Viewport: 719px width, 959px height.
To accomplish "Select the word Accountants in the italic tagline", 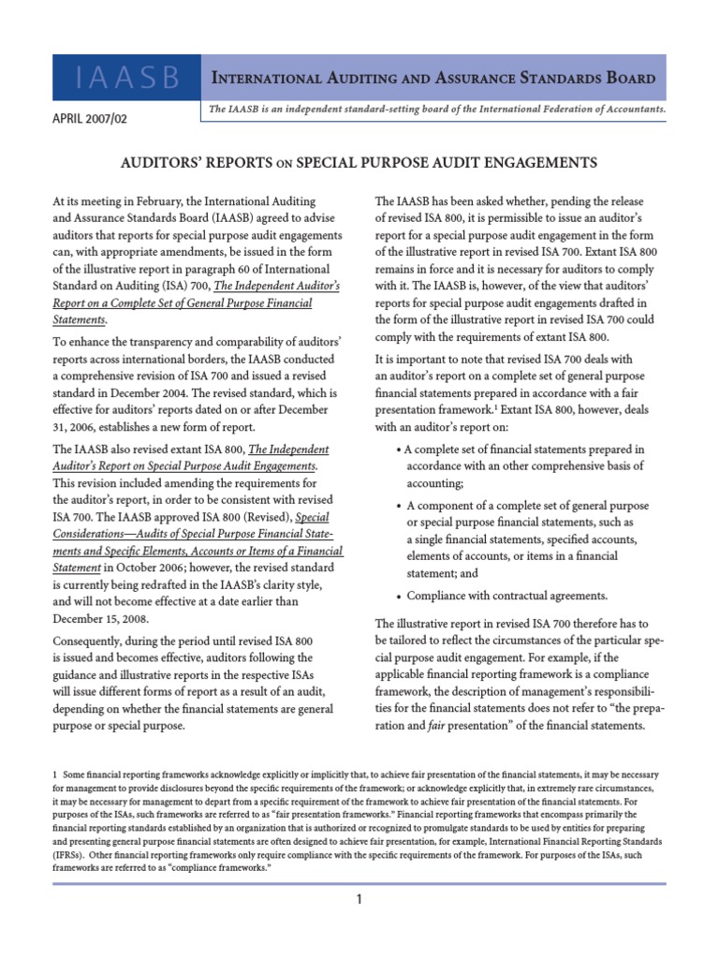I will tap(631, 109).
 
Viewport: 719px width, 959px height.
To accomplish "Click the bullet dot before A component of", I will tap(399, 506).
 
